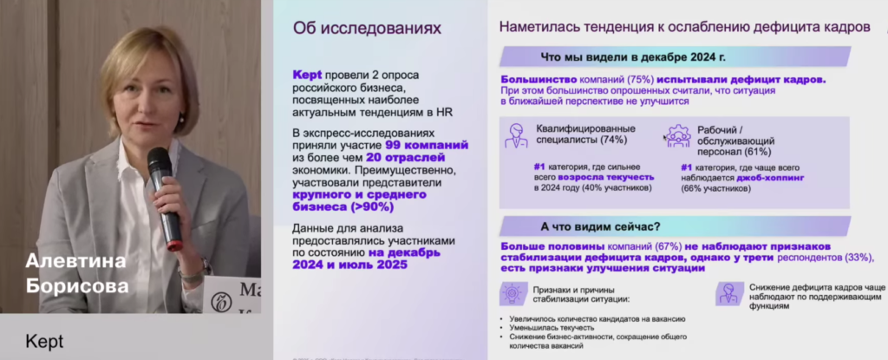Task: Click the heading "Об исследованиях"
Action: (368, 29)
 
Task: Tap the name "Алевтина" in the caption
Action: (76, 261)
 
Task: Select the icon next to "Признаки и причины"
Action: (510, 293)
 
